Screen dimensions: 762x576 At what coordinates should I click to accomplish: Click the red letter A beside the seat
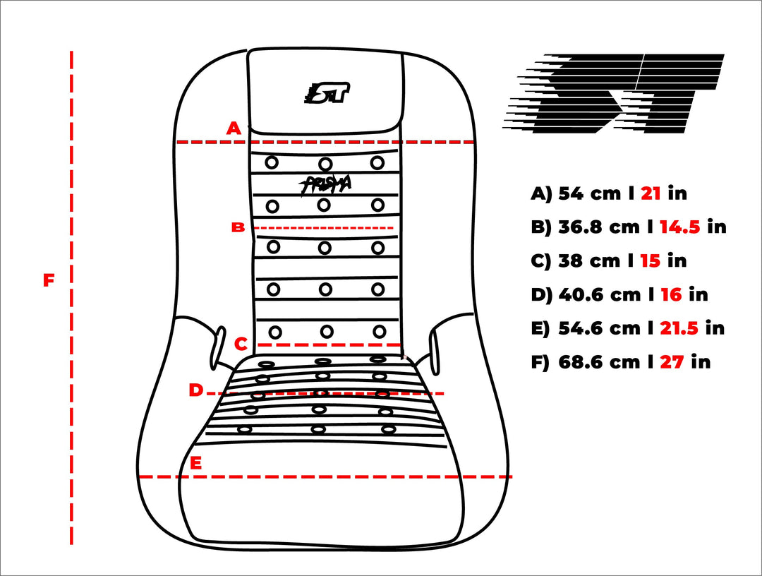(x=234, y=128)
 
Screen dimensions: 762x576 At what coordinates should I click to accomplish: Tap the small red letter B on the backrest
(x=238, y=227)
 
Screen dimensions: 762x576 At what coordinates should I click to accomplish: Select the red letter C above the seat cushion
(x=241, y=344)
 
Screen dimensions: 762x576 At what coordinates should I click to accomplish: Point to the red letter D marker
(x=195, y=390)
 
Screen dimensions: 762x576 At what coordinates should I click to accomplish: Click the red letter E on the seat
(x=195, y=463)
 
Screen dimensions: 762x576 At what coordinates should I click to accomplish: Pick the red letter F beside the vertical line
(x=49, y=280)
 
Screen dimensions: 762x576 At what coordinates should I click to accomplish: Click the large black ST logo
(x=613, y=93)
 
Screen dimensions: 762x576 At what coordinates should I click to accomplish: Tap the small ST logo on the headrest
(x=327, y=92)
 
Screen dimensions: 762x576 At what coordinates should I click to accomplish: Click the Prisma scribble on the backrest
(x=325, y=185)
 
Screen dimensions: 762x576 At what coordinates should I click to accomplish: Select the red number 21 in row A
(x=651, y=193)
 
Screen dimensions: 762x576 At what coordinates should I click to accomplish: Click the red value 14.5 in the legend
(x=680, y=227)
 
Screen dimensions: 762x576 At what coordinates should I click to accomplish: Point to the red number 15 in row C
(x=651, y=261)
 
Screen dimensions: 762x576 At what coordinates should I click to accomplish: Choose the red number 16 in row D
(x=671, y=294)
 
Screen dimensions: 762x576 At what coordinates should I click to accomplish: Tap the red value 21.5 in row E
(x=679, y=328)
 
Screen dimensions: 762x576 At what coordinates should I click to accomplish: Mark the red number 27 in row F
(x=672, y=362)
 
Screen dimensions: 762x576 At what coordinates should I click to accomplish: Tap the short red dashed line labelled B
(x=324, y=227)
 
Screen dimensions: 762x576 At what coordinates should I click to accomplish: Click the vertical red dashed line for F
(x=71, y=297)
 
